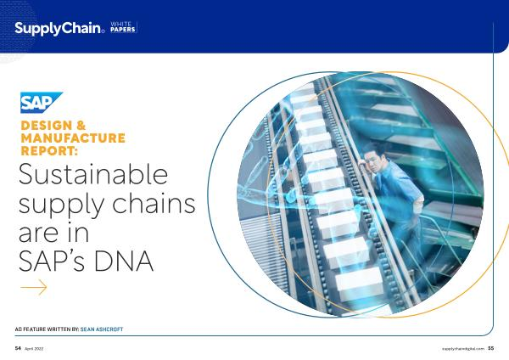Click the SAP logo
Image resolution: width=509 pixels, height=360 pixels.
tap(42, 103)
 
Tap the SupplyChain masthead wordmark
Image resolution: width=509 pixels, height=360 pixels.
tap(59, 29)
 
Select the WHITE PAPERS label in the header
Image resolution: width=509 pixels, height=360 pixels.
tap(123, 27)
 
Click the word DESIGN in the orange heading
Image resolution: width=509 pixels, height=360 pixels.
tap(47, 126)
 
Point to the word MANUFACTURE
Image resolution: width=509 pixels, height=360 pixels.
tap(73, 138)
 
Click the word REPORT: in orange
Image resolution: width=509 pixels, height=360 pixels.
tap(50, 151)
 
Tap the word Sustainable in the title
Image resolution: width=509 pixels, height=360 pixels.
tap(93, 174)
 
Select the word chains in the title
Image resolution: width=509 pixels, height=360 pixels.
tap(154, 204)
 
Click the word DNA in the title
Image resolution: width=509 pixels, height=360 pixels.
tap(124, 261)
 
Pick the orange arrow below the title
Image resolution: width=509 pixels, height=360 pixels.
tap(34, 287)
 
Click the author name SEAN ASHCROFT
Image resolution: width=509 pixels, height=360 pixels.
tap(102, 329)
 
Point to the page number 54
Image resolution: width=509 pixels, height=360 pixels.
tap(18, 348)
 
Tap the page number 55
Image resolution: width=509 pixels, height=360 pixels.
tap(491, 348)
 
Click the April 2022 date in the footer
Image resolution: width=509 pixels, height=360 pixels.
tap(34, 349)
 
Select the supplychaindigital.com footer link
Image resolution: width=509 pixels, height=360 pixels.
tap(463, 349)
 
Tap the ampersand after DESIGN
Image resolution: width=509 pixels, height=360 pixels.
tap(81, 126)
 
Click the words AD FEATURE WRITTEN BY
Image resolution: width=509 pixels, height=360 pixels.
tap(47, 329)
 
